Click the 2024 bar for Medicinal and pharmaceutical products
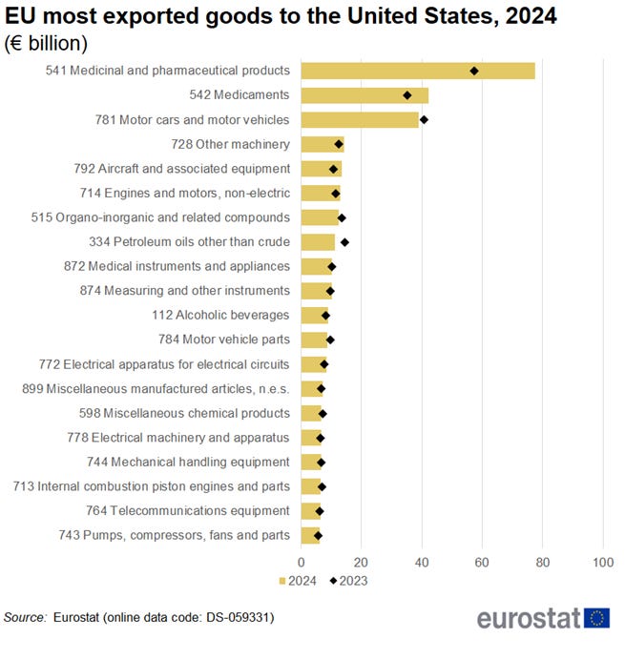tap(418, 71)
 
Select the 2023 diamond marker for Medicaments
tap(407, 95)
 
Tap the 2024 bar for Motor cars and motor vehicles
tap(360, 119)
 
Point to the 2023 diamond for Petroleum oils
tap(344, 242)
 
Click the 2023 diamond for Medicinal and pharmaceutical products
tap(474, 71)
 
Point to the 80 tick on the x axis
tap(542, 563)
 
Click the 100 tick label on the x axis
tap(602, 563)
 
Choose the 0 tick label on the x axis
tap(302, 563)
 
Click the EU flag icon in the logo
tap(598, 618)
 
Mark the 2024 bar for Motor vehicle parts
tap(314, 340)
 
